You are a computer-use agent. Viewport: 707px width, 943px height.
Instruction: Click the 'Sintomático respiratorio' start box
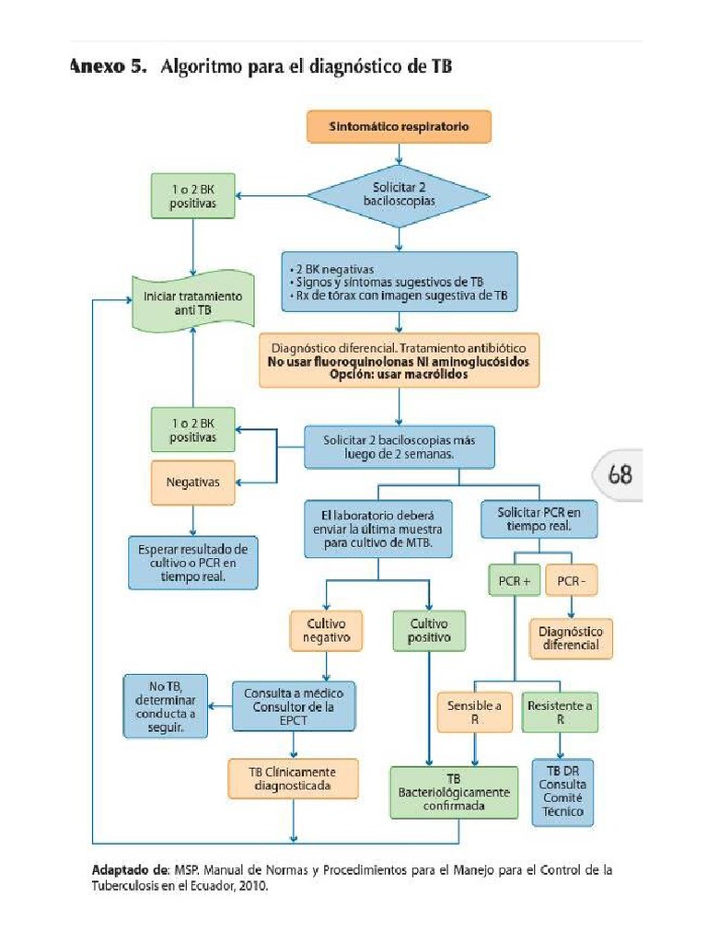click(399, 127)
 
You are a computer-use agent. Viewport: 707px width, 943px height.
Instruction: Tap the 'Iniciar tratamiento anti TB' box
click(193, 304)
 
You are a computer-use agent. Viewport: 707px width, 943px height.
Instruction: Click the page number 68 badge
click(620, 475)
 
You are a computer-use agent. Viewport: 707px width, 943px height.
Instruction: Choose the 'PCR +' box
click(513, 581)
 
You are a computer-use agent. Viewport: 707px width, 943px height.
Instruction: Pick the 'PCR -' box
click(571, 581)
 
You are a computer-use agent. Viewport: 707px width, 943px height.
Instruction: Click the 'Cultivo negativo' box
click(326, 630)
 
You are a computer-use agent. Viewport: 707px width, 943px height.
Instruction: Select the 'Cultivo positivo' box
click(429, 630)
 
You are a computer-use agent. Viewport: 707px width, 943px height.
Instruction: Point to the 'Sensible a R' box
click(474, 713)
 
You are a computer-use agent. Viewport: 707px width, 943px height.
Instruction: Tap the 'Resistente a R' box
click(560, 713)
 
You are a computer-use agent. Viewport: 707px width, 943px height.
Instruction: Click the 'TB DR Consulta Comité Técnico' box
click(562, 791)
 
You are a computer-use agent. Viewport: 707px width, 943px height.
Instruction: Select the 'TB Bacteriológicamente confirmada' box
click(453, 792)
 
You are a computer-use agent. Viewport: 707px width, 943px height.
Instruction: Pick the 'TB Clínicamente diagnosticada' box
click(292, 778)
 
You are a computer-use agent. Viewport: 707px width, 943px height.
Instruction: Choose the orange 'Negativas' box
click(192, 481)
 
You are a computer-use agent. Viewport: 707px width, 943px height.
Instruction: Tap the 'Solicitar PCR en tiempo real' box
click(539, 518)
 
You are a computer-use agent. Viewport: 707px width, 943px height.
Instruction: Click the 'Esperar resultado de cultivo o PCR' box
click(193, 563)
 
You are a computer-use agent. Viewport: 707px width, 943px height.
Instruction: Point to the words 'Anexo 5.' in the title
click(108, 67)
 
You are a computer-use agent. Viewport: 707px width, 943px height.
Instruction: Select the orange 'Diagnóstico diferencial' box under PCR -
click(571, 638)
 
